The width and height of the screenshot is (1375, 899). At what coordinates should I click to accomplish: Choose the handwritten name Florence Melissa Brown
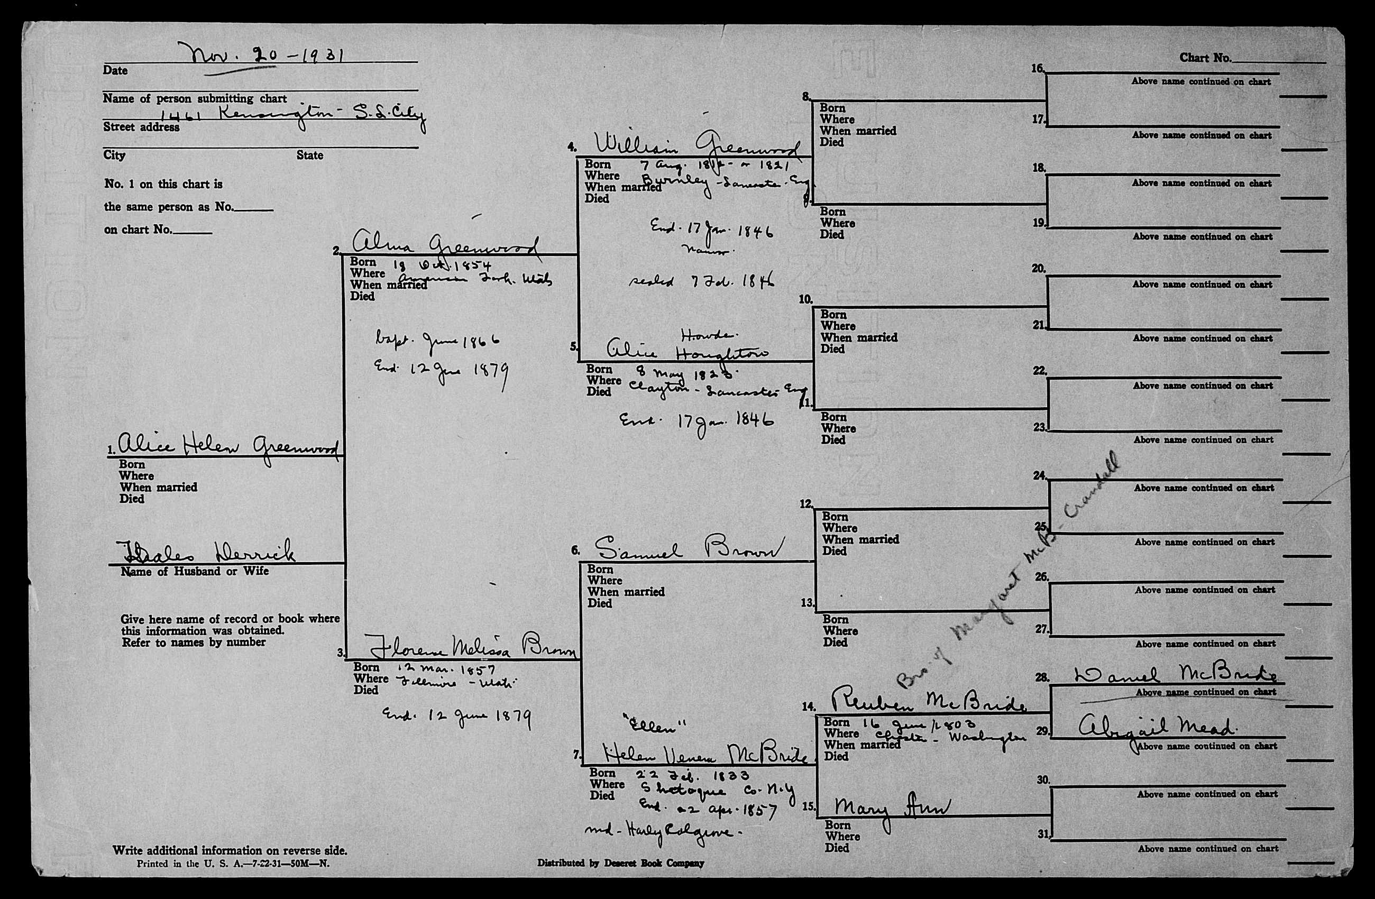pyautogui.click(x=471, y=647)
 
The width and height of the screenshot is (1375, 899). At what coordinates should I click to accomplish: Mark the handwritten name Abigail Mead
pyautogui.click(x=1156, y=726)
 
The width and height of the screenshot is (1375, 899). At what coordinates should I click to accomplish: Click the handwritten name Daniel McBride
pyautogui.click(x=1176, y=675)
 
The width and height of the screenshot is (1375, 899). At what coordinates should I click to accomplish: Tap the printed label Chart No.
pyautogui.click(x=1205, y=58)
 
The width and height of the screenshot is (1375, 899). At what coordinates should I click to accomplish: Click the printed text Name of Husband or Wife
pyautogui.click(x=195, y=572)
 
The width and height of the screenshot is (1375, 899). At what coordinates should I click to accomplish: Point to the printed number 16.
pyautogui.click(x=1038, y=69)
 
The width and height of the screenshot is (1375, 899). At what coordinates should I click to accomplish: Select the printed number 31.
pyautogui.click(x=1043, y=834)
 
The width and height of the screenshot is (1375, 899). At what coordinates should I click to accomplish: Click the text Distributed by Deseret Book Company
pyautogui.click(x=620, y=863)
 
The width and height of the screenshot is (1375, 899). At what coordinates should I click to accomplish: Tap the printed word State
pyautogui.click(x=310, y=155)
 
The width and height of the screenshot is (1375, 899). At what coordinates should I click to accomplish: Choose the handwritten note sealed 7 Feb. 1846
pyautogui.click(x=701, y=282)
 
